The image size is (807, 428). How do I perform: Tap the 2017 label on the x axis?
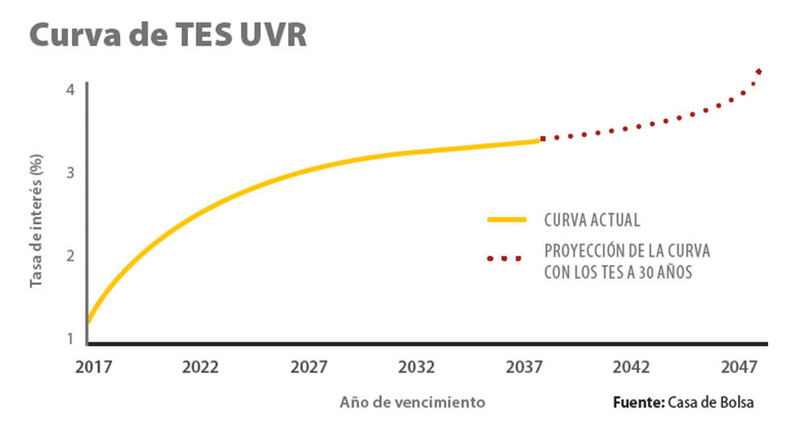[x=93, y=367]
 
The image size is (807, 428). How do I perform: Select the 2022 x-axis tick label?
[x=201, y=367]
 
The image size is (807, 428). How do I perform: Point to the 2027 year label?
[x=308, y=367]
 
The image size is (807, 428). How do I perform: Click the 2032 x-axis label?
[x=416, y=367]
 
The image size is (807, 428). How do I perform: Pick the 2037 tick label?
[x=524, y=367]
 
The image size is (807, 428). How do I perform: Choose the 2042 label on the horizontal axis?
[x=632, y=367]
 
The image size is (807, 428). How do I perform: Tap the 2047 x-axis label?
[x=739, y=367]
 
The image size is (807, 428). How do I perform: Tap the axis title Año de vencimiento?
[x=412, y=401]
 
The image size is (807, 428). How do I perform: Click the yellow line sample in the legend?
[x=507, y=219]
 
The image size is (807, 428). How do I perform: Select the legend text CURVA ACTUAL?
[x=592, y=220]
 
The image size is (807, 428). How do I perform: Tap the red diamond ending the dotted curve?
[x=759, y=72]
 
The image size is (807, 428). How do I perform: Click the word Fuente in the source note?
[x=638, y=401]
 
